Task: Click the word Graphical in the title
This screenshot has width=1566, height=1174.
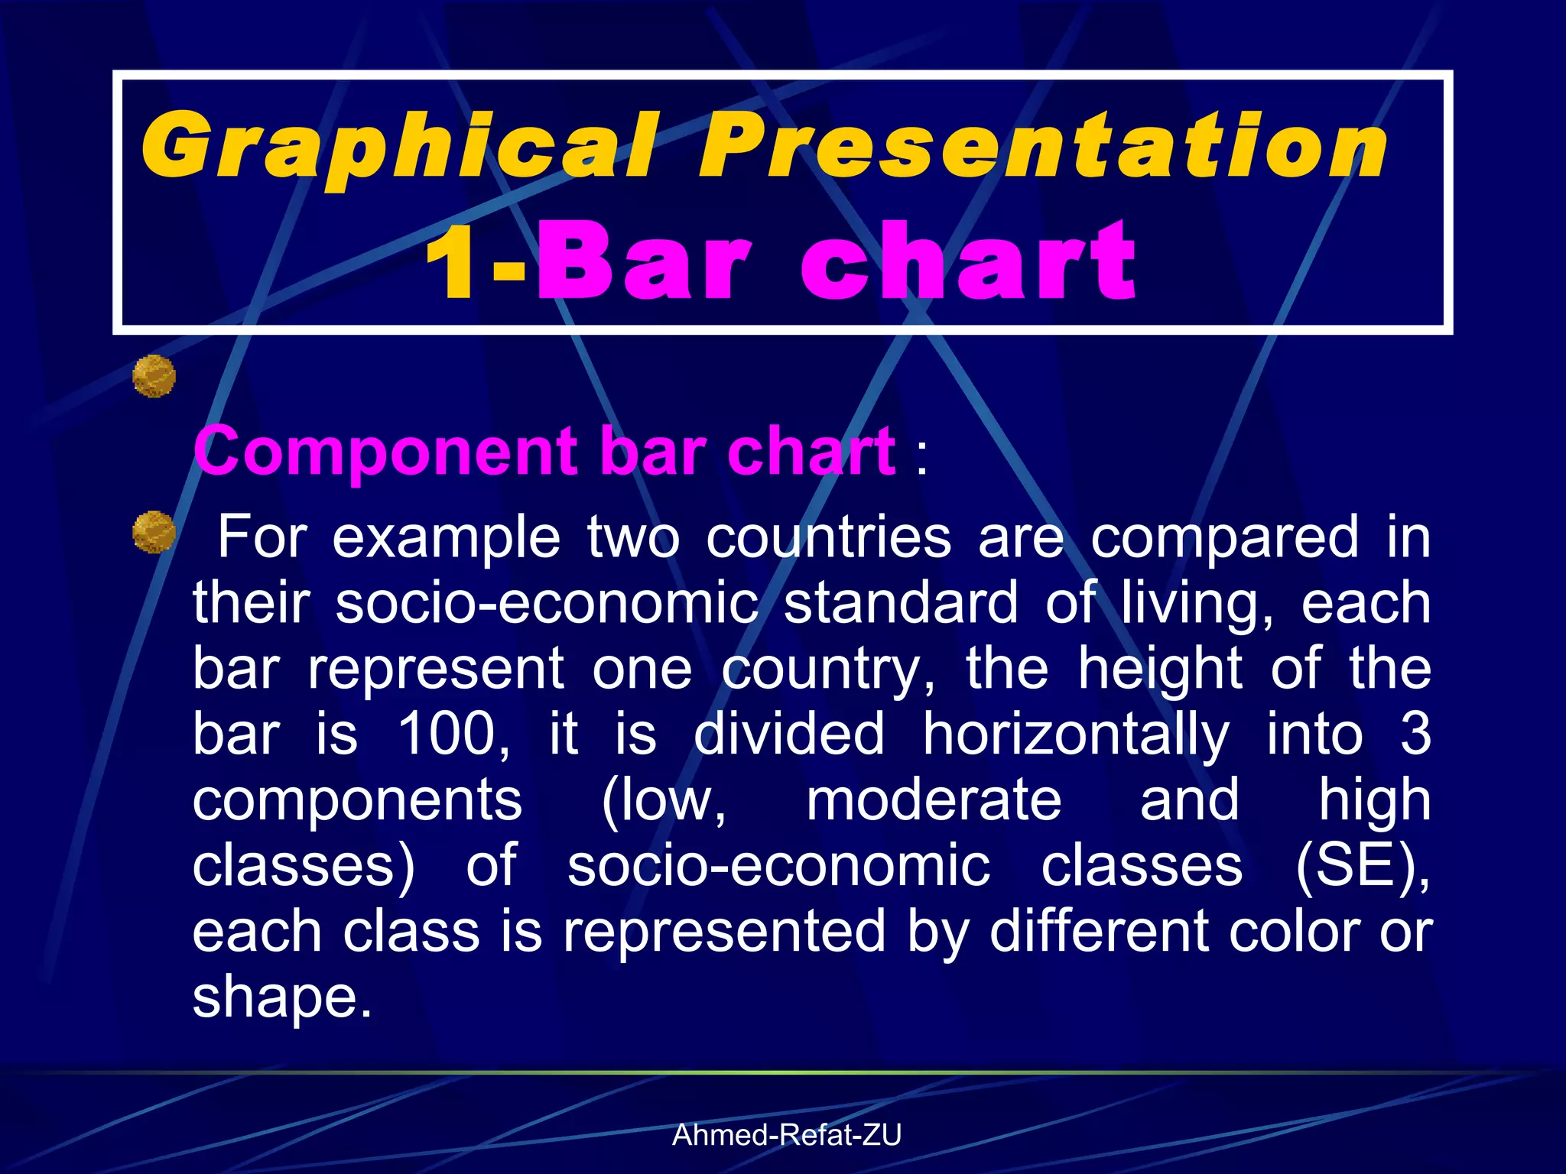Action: pos(398,148)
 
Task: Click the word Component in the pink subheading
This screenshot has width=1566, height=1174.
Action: pos(385,452)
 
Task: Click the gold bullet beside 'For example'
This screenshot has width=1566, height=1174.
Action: pos(154,532)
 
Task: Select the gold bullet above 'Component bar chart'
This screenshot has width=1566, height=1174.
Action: pos(154,376)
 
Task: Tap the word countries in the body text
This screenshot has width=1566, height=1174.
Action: pos(828,537)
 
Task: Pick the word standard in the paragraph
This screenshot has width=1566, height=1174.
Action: pos(901,603)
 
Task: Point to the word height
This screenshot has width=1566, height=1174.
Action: pos(1160,669)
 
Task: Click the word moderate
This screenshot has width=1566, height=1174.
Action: pos(934,800)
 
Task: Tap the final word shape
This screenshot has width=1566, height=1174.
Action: pos(282,999)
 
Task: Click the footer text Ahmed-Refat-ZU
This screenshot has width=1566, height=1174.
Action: pos(787,1135)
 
